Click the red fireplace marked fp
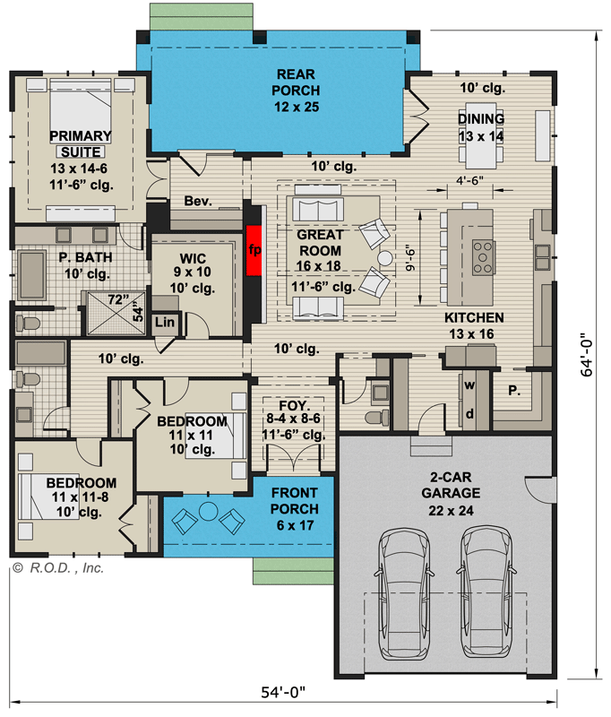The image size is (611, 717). (254, 250)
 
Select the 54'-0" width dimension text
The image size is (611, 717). (283, 692)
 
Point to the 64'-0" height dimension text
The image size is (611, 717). (586, 355)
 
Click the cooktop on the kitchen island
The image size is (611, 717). (483, 257)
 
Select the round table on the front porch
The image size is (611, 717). (209, 511)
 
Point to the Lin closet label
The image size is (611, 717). (165, 322)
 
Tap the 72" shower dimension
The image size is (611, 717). (118, 299)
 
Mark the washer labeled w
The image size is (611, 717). (469, 385)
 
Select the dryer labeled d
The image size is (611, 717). (469, 414)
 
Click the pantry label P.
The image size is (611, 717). (514, 391)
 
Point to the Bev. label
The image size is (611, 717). (198, 201)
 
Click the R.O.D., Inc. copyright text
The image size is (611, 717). (58, 568)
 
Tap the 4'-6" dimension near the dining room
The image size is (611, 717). (469, 181)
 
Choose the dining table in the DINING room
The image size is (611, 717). (481, 136)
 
